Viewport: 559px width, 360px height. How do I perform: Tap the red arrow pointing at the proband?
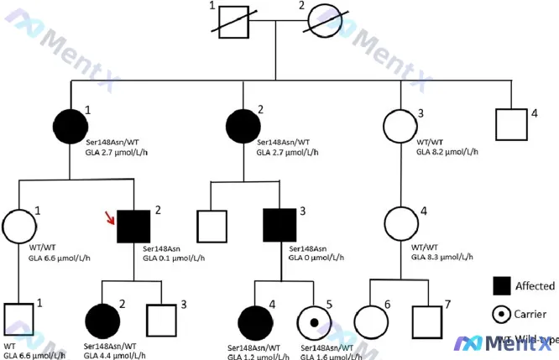click(107, 220)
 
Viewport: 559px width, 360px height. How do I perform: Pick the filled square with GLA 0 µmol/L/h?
click(279, 226)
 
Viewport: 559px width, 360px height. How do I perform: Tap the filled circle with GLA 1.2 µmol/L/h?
click(255, 321)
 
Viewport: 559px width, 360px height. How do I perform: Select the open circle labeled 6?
click(372, 322)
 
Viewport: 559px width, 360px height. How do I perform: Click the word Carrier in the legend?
click(533, 313)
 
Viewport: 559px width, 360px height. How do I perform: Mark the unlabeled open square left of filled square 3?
click(210, 226)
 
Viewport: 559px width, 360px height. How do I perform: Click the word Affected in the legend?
click(535, 286)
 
